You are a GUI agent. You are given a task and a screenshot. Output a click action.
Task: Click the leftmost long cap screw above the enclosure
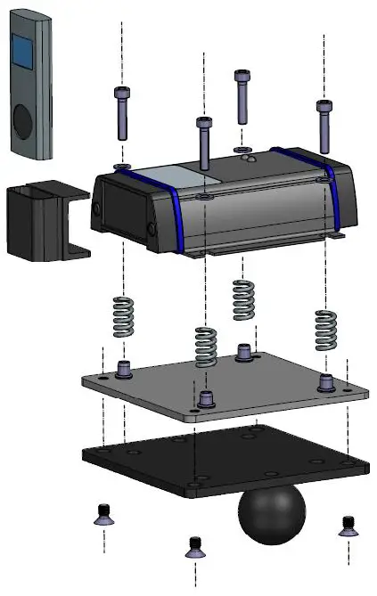[x=122, y=114]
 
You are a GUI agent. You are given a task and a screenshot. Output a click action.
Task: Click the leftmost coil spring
[x=124, y=315]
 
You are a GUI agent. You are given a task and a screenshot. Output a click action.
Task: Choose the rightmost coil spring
[x=325, y=331]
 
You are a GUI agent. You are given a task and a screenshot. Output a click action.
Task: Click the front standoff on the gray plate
[x=207, y=397]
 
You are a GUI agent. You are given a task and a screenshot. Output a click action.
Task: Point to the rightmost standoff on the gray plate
[x=326, y=381]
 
